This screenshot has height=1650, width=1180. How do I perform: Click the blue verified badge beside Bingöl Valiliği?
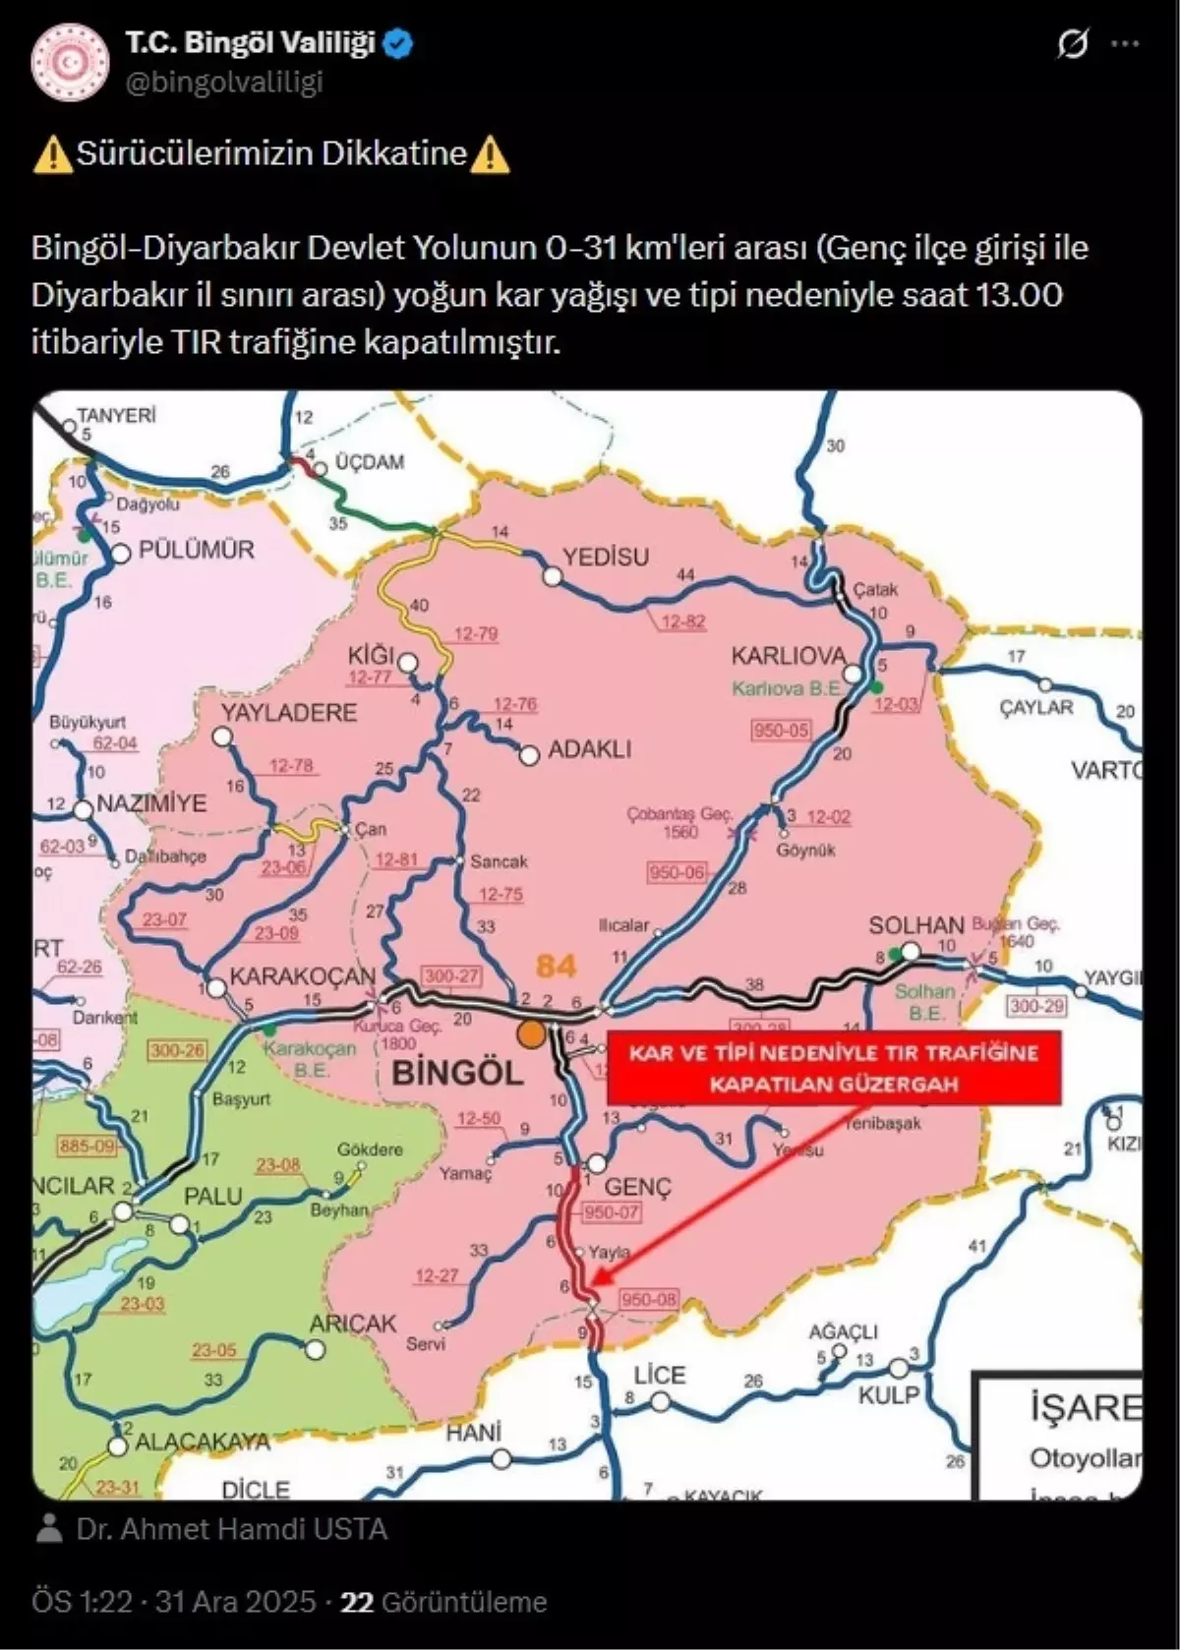tap(400, 44)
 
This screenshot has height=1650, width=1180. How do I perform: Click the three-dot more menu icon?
tap(1125, 44)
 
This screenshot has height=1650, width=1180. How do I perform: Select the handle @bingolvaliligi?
tap(224, 83)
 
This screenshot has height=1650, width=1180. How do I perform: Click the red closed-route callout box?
tap(834, 1068)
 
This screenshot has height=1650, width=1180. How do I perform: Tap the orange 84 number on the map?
tap(556, 966)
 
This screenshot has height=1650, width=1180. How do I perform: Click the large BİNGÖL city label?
tap(458, 1072)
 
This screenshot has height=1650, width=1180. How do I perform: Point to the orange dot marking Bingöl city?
tap(532, 1033)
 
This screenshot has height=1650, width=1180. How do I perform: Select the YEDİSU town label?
tap(606, 557)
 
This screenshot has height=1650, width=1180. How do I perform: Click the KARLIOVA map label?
tap(788, 656)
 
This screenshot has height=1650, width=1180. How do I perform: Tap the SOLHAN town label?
tap(915, 925)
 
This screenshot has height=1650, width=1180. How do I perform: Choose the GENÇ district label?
tap(637, 1187)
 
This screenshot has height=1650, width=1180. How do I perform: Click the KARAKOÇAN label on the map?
tap(302, 976)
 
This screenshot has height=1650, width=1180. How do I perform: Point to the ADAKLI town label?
tap(589, 749)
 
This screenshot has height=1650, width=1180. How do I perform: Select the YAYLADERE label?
tap(288, 712)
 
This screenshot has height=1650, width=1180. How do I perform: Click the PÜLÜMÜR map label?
tap(197, 550)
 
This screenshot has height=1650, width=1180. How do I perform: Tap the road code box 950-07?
tap(612, 1212)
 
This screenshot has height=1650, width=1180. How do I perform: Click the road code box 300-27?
tap(451, 975)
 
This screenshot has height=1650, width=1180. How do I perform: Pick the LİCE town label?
tap(659, 1375)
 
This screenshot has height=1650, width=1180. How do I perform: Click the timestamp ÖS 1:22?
tap(83, 1602)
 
